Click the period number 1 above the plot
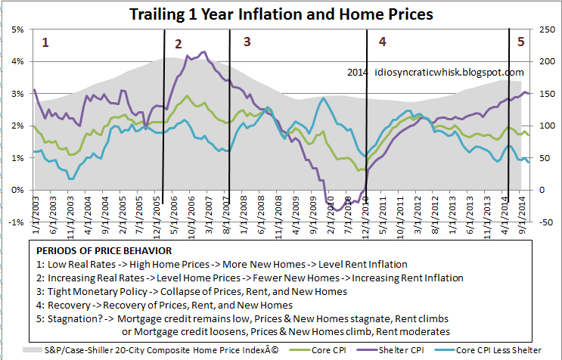45,42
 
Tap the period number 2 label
179,44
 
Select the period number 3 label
247,42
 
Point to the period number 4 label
382,42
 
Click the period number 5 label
520,42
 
